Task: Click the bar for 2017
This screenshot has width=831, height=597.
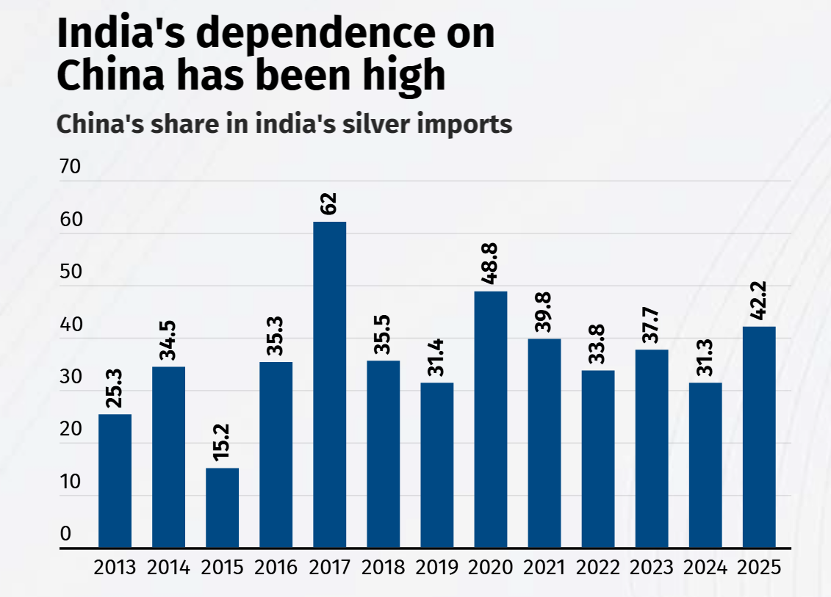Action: pyautogui.click(x=329, y=385)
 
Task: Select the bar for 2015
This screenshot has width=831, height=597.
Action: pyautogui.click(x=222, y=507)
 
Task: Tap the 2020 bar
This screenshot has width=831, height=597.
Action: pyautogui.click(x=490, y=419)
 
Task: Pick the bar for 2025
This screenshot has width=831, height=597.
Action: pyautogui.click(x=759, y=437)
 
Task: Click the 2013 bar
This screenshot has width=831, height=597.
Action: pyautogui.click(x=115, y=481)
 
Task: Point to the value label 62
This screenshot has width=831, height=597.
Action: pyautogui.click(x=329, y=203)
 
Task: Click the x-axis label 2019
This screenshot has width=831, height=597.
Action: pyautogui.click(x=436, y=568)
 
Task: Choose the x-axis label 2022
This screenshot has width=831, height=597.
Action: pyautogui.click(x=598, y=568)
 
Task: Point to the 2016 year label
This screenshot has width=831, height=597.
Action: pyautogui.click(x=276, y=568)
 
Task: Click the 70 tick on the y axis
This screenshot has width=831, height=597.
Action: pyautogui.click(x=70, y=167)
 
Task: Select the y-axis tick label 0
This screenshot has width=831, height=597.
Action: pyautogui.click(x=65, y=534)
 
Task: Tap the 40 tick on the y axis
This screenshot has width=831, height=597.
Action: pyautogui.click(x=70, y=325)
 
